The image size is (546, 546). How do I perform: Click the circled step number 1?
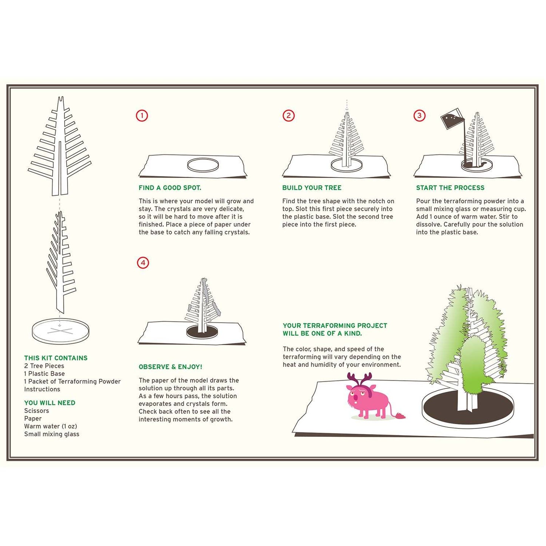tap(142, 116)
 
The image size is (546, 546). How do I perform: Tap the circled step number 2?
tap(289, 116)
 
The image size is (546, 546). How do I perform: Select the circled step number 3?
tap(419, 116)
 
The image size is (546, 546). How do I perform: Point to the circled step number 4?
tap(143, 263)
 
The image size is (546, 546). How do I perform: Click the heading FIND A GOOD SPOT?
tap(170, 188)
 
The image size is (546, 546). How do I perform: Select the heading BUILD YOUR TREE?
tap(312, 188)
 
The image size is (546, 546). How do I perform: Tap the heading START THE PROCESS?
tap(450, 188)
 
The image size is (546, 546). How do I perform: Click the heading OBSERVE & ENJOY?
tap(170, 367)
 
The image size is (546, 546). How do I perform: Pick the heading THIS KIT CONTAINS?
tap(56, 358)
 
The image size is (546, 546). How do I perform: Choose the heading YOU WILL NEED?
tap(49, 403)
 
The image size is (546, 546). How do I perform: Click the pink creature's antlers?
tap(359, 379)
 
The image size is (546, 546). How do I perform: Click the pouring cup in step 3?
tap(451, 120)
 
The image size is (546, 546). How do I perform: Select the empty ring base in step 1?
tap(203, 165)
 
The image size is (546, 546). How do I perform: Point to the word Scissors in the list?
tap(37, 411)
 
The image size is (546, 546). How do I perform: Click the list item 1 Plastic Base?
tap(45, 374)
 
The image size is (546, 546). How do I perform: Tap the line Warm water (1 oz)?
tap(51, 426)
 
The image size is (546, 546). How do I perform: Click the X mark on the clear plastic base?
tap(60, 331)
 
